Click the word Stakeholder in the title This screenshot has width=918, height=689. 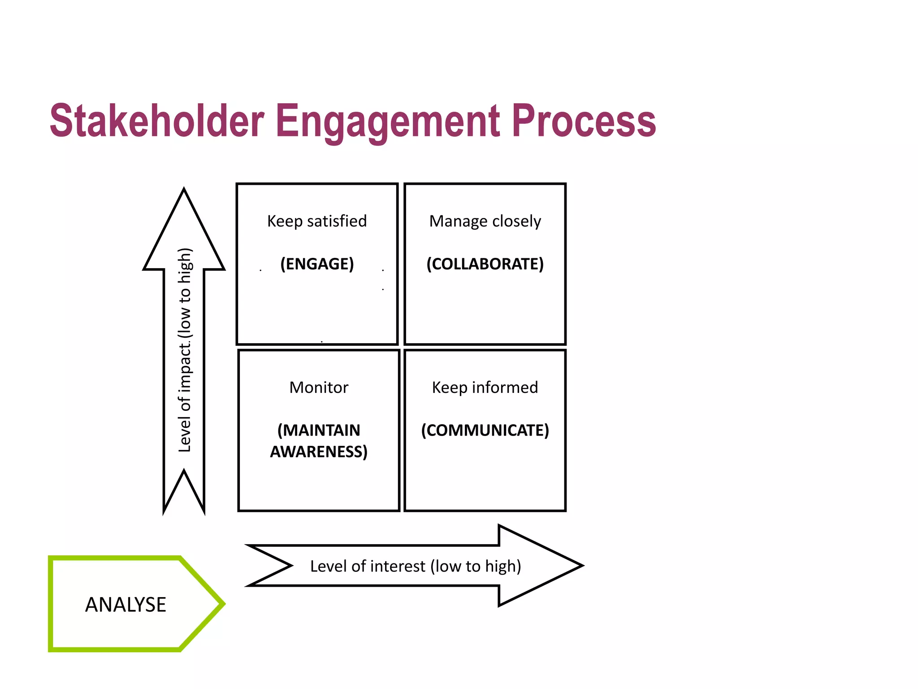[x=157, y=121]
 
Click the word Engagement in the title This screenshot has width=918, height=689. [x=388, y=121]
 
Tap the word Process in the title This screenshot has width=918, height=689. [x=584, y=121]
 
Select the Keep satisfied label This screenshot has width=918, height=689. [x=317, y=221]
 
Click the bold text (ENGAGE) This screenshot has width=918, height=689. [x=317, y=264]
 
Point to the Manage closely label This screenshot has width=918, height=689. [x=485, y=221]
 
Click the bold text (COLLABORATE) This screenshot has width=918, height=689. [x=485, y=264]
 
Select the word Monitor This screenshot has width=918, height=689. [x=319, y=388]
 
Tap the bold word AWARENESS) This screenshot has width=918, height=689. [x=319, y=451]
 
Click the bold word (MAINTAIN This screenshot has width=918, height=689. [x=319, y=430]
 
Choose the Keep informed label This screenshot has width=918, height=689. [x=485, y=388]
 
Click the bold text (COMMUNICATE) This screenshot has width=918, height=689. [x=485, y=430]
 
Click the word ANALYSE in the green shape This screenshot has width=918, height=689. [x=126, y=605]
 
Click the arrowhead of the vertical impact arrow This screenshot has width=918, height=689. [x=184, y=233]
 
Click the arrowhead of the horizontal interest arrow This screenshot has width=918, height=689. [x=538, y=566]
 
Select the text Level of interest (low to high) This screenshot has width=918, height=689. [x=416, y=566]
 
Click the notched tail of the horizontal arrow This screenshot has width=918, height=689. [x=269, y=566]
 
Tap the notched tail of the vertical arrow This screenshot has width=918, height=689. [x=184, y=493]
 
